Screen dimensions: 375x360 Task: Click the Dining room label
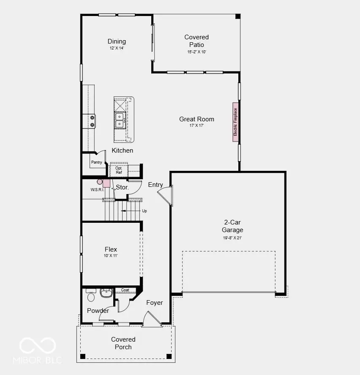click(117, 41)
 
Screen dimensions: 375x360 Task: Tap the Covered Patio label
click(196, 41)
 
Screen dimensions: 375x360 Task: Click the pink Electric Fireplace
click(235, 122)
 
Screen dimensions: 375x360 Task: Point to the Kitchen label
click(123, 151)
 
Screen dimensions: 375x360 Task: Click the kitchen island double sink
click(120, 120)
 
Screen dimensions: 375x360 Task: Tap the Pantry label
click(96, 162)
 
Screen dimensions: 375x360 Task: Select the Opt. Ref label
click(118, 170)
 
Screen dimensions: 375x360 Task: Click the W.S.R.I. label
click(97, 189)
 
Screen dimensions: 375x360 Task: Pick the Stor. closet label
click(122, 187)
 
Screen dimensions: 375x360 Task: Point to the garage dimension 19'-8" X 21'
click(232, 238)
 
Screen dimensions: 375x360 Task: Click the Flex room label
click(111, 249)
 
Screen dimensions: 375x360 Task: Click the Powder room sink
click(106, 293)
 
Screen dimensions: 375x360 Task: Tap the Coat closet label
click(125, 290)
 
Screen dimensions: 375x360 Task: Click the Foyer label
click(154, 303)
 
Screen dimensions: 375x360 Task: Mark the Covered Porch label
click(123, 343)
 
